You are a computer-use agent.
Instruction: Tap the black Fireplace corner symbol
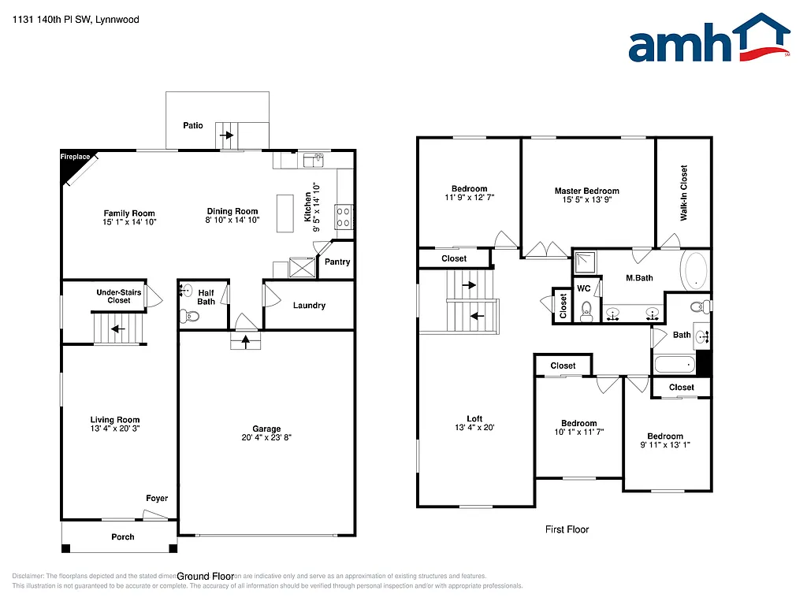(x=72, y=163)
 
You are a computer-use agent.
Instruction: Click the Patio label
(x=193, y=125)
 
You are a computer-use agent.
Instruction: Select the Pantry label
(x=337, y=262)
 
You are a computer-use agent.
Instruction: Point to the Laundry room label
(x=309, y=306)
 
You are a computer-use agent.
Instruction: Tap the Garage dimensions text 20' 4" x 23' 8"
(x=266, y=439)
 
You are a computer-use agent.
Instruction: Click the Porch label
(x=123, y=537)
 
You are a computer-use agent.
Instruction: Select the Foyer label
(x=157, y=499)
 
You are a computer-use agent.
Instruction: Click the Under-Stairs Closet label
(x=119, y=296)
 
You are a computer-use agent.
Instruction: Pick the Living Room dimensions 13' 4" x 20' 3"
(x=115, y=429)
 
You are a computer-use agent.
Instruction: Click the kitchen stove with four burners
(x=344, y=216)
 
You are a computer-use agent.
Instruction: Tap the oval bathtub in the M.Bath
(x=695, y=270)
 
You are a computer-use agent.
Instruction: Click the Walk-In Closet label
(x=683, y=192)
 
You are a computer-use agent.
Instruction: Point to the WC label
(x=584, y=289)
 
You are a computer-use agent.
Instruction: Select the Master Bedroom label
(x=586, y=191)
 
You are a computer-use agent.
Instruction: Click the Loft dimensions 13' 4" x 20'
(x=474, y=428)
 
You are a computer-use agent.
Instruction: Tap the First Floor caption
(x=567, y=529)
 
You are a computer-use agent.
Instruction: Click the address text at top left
(x=75, y=19)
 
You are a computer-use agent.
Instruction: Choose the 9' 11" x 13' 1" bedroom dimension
(x=665, y=445)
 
